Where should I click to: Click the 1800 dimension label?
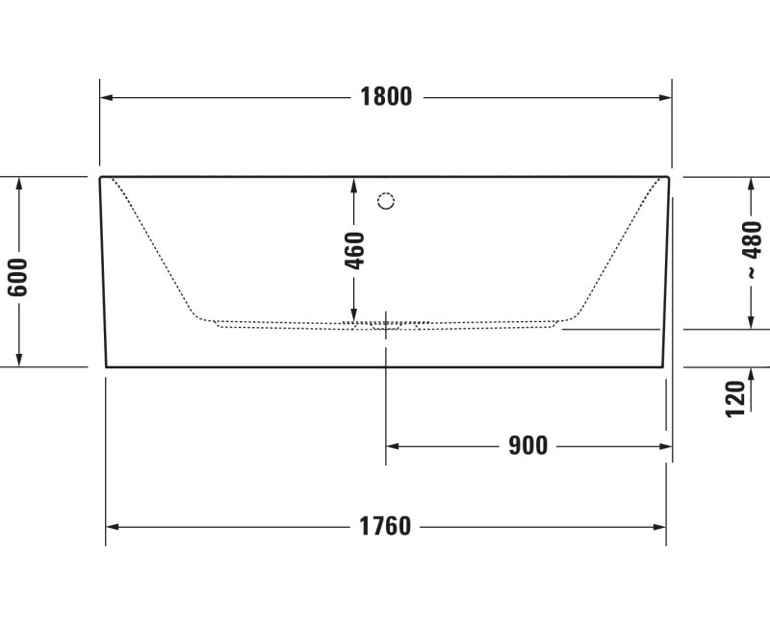[386, 97]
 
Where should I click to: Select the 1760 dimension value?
[385, 527]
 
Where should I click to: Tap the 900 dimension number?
[528, 446]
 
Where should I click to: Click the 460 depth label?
[354, 251]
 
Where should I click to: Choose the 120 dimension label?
[735, 397]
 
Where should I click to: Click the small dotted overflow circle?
[386, 201]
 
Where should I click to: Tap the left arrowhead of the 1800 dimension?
[107, 97]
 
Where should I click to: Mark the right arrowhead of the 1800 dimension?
[665, 97]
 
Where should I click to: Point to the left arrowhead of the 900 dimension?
[393, 446]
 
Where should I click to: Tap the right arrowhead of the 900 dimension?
[665, 446]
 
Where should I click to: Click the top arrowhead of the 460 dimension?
[354, 184]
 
